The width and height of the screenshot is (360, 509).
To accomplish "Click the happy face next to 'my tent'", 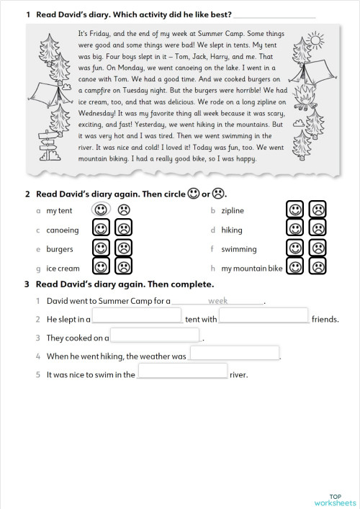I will tap(102, 210).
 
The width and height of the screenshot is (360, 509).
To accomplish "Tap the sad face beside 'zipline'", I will tap(317, 210).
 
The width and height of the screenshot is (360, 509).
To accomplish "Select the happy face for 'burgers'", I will tap(102, 248).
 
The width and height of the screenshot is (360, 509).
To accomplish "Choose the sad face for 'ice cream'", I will tap(124, 267).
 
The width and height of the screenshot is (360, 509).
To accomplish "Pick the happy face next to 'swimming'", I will tap(294, 248).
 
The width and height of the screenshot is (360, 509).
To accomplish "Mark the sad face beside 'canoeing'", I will tap(124, 230).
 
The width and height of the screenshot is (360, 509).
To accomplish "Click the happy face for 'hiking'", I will tap(294, 229).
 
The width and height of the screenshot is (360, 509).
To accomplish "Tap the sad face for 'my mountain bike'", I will tap(317, 267).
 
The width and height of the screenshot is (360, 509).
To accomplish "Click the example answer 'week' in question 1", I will tap(217, 301).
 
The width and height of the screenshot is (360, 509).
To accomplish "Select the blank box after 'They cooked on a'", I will tap(154, 335).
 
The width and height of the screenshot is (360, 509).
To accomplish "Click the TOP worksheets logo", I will tap(335, 499).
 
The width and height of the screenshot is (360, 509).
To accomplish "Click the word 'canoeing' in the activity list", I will tap(62, 230).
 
